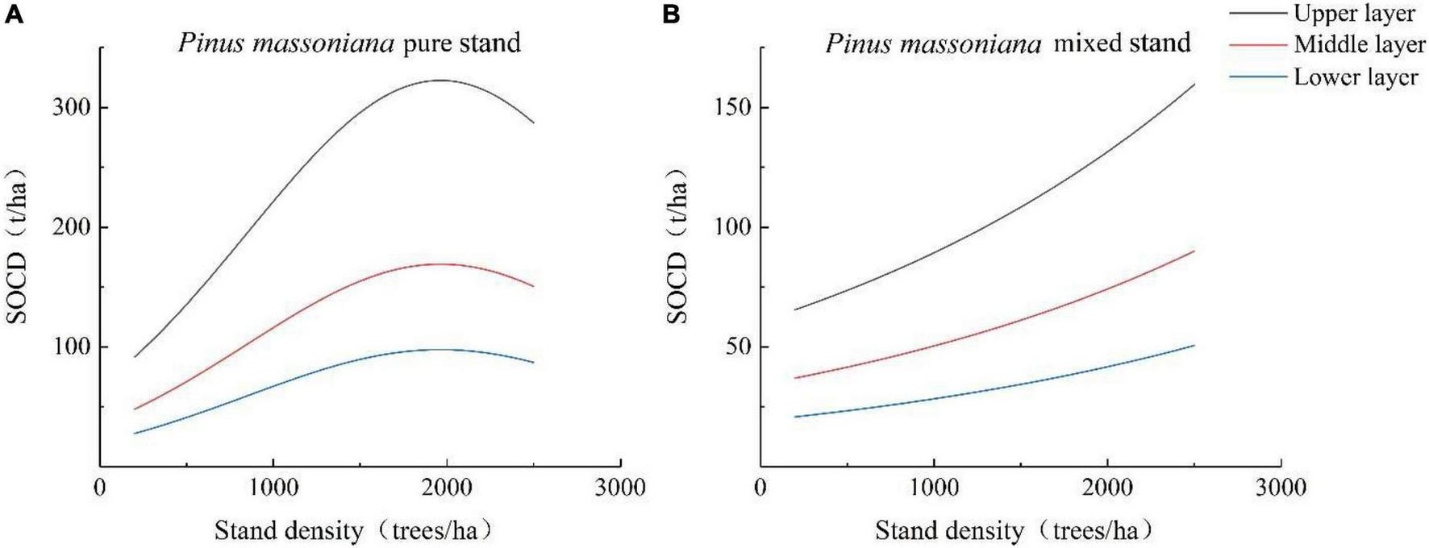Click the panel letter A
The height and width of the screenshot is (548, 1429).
coord(14,14)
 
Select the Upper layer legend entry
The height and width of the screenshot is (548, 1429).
coord(1354,14)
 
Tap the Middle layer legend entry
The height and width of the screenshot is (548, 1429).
coord(1359,45)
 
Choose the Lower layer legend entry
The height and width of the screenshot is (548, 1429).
coord(1356,77)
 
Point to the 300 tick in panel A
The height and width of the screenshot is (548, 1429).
coord(70,108)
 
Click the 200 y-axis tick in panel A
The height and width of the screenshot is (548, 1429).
coord(70,227)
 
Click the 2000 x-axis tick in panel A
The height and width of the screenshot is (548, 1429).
coord(446,488)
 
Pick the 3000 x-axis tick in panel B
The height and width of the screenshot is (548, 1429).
coord(1281,488)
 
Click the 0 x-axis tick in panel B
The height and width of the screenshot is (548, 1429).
coord(760,488)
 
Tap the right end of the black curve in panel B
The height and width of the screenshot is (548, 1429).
coord(1194,85)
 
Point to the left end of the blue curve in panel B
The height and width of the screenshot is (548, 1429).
coord(796,417)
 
